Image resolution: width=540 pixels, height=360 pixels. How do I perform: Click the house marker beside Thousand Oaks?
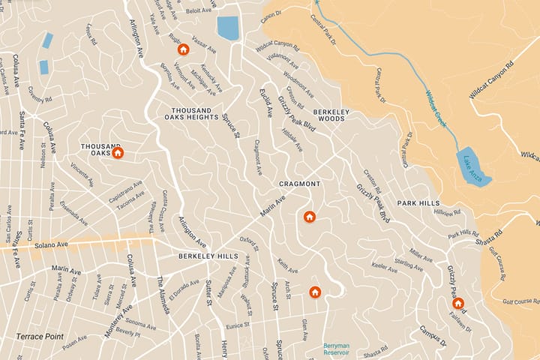118,153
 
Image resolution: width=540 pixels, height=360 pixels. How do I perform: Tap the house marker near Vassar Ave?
183,49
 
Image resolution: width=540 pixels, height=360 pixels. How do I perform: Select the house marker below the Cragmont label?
309,217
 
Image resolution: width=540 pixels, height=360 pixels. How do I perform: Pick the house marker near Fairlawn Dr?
457,304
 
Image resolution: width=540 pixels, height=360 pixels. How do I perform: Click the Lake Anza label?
472,165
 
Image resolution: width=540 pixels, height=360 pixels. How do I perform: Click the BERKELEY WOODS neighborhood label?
329,113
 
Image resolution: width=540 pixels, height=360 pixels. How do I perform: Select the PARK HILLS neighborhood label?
418,203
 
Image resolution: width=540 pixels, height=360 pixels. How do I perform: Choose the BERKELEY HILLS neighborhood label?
208,256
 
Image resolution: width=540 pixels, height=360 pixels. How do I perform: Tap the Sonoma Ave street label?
140,327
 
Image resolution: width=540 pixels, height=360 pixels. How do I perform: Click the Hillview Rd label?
457,213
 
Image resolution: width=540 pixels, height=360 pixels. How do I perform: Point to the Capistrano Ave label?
125,187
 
